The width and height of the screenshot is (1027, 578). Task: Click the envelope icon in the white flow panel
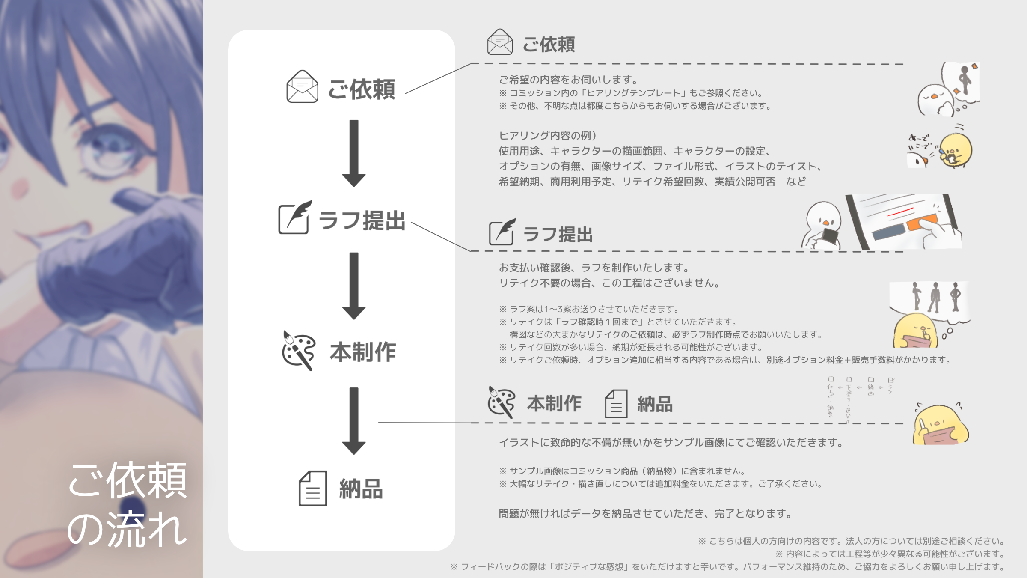click(302, 86)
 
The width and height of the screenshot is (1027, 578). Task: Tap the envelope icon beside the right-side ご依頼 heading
click(500, 42)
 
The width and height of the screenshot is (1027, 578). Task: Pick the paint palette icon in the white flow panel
click(298, 350)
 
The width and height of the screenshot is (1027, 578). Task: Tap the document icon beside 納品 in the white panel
click(313, 489)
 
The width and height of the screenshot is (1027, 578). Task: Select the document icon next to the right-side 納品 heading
click(616, 403)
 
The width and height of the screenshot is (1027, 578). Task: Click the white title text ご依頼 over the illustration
click(128, 480)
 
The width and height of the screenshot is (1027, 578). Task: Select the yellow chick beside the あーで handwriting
click(956, 150)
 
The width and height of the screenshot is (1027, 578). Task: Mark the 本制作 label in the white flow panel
click(363, 352)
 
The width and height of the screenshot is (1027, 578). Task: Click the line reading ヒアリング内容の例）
click(548, 136)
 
